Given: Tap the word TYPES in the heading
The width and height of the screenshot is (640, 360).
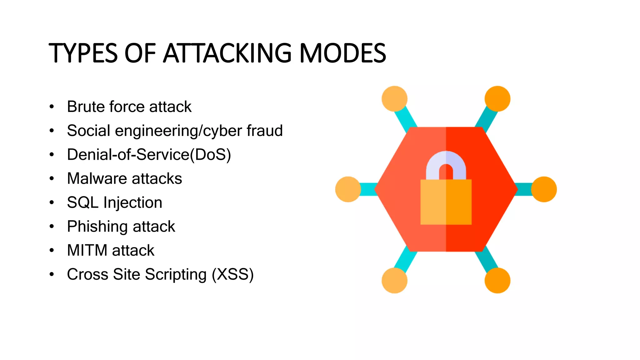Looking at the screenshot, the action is tap(83, 53).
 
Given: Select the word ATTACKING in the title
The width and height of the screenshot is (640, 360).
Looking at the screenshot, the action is tap(227, 53).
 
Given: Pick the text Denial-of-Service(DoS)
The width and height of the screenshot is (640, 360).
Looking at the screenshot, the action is tap(149, 155).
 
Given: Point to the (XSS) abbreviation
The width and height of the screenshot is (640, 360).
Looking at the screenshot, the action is tap(232, 274).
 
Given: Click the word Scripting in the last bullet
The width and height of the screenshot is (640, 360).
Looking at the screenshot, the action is tap(176, 274).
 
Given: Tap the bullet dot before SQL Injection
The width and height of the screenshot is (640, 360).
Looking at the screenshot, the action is tap(52, 202).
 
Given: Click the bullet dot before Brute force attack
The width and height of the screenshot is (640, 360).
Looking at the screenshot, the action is tap(52, 107).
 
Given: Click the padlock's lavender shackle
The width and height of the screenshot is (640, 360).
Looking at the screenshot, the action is tap(446, 159).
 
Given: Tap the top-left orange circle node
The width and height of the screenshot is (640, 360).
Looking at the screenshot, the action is tap(394, 99).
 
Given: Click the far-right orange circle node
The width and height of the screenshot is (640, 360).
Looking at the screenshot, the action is tap(544, 189).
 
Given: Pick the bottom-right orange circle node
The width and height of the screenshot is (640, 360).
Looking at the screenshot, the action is tap(497, 280).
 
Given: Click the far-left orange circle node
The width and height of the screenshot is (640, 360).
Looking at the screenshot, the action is tap(348, 189).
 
